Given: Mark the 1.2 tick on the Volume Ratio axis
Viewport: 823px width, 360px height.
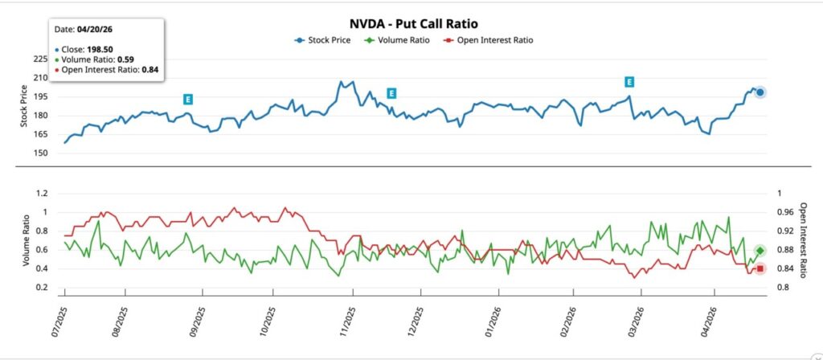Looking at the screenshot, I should [x=39, y=194].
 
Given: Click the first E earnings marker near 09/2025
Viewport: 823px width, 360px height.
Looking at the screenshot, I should [x=187, y=99].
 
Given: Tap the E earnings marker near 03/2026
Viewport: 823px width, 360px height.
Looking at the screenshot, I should [x=629, y=82].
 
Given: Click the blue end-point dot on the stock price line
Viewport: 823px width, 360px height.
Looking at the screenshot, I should [x=760, y=92].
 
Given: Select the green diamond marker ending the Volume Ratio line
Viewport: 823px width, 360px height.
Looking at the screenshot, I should [x=760, y=251].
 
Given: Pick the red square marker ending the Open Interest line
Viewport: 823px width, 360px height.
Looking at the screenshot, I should [x=760, y=268].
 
